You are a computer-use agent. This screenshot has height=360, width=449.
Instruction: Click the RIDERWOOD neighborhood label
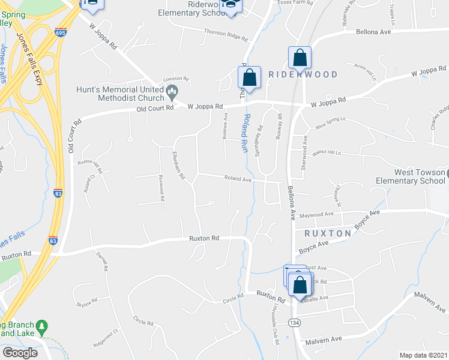click(303, 74)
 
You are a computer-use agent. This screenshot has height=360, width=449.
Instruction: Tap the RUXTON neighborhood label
click(327, 233)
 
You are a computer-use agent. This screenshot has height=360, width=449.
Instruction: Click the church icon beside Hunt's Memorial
click(173, 93)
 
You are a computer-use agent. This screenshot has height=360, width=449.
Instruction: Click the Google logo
click(20, 352)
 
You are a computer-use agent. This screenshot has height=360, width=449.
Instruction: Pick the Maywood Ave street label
click(316, 214)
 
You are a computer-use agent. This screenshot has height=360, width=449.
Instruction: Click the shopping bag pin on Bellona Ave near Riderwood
click(300, 58)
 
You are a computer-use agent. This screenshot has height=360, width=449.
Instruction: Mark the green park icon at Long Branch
click(41, 327)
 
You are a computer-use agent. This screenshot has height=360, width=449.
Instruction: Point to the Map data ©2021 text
click(423, 355)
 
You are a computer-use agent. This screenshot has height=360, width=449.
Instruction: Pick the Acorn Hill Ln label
click(365, 72)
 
